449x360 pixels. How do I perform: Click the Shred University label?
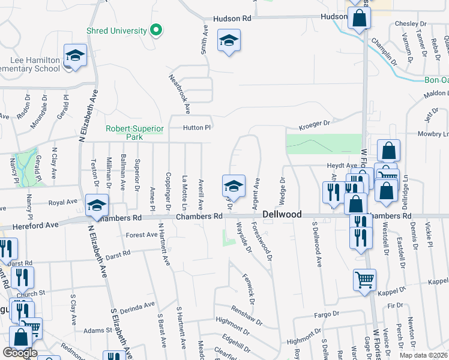(116, 31)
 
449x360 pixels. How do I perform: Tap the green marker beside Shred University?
(156, 29)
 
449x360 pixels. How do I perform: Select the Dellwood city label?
(282, 214)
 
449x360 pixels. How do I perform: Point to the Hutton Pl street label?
(197, 128)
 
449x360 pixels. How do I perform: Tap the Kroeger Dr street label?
(316, 124)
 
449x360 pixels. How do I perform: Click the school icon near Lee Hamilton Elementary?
(75, 56)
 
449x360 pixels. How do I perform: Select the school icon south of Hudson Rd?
(228, 41)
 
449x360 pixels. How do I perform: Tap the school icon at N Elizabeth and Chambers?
(96, 205)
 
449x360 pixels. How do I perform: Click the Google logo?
(20, 353)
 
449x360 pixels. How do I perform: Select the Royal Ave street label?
(63, 203)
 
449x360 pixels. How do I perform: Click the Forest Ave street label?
(142, 235)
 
